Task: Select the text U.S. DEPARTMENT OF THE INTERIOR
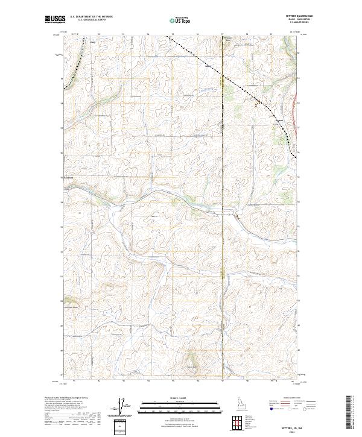91,16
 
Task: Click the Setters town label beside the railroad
279,120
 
